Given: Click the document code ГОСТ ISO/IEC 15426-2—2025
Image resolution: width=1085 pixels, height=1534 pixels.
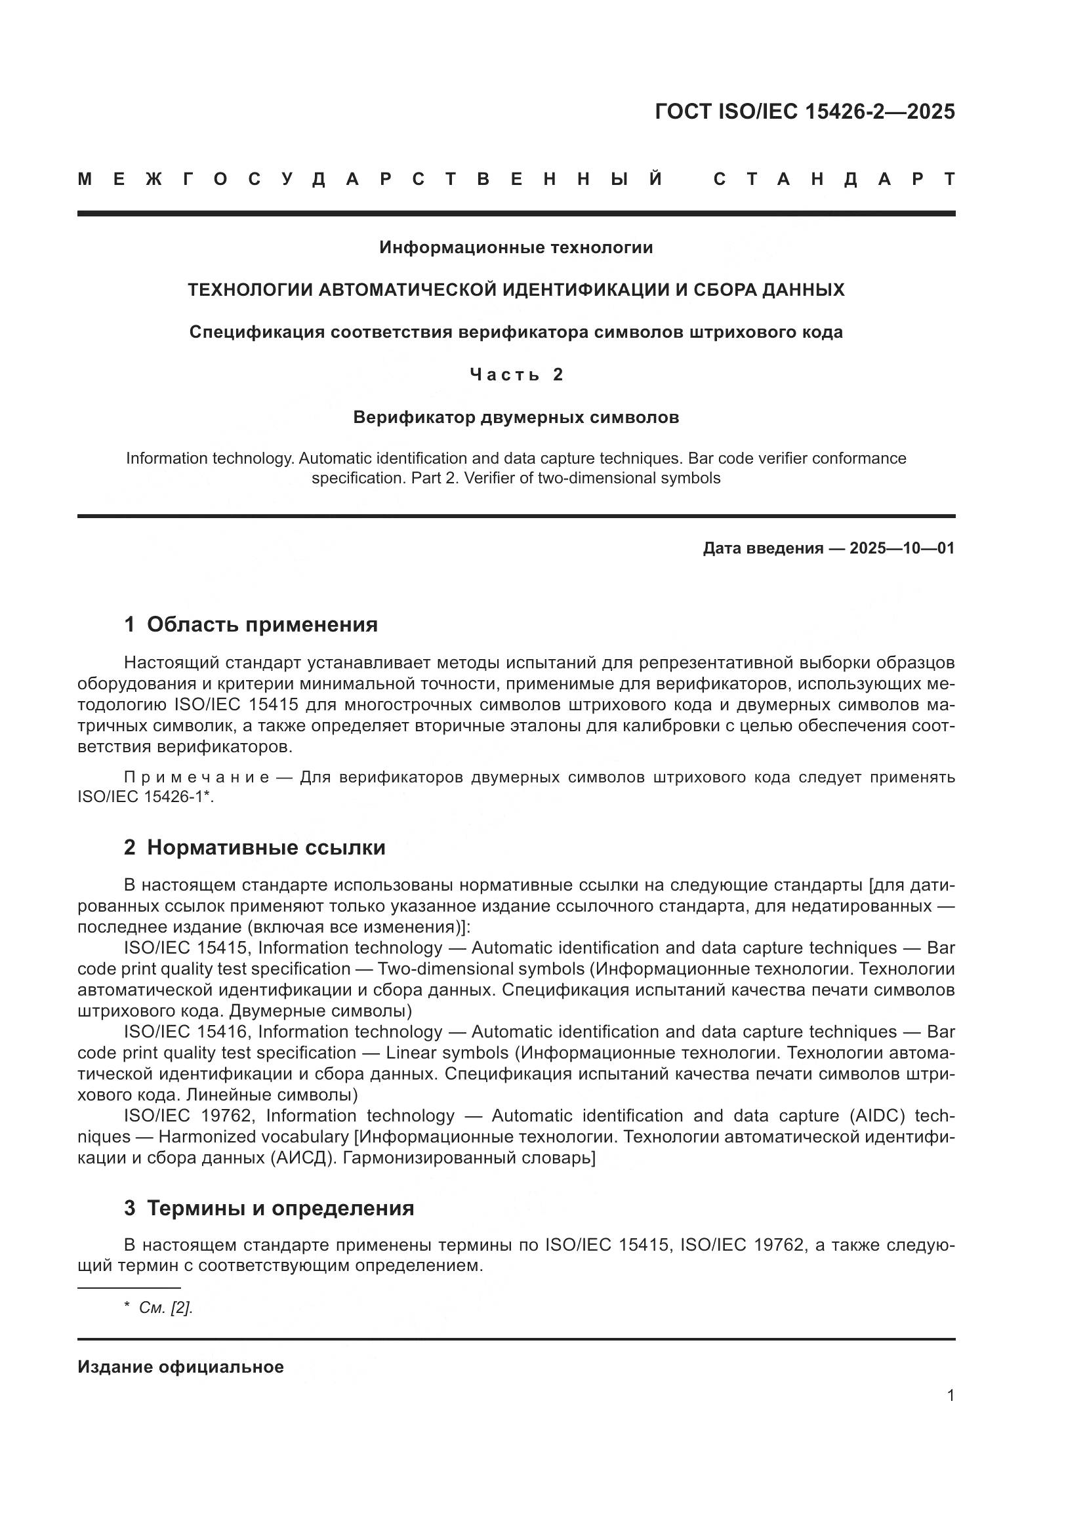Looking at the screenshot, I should point(804,111).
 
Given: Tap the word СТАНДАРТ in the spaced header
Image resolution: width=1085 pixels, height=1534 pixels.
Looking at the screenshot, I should point(834,179).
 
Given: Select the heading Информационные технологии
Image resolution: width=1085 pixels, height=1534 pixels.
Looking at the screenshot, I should point(516,248).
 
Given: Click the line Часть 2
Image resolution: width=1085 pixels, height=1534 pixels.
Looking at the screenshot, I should point(516,375).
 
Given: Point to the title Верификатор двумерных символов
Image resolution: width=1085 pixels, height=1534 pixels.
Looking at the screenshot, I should point(516,418).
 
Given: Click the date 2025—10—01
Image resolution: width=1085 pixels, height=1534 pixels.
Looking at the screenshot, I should point(902,548).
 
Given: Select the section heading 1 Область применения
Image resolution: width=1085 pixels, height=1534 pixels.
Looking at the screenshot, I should point(251,625).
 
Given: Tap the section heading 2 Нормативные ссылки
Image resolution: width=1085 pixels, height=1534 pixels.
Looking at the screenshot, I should point(254,848).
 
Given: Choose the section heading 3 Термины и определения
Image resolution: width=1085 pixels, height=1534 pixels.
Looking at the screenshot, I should point(268,1209).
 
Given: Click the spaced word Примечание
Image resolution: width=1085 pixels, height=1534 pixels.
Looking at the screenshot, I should point(196,778).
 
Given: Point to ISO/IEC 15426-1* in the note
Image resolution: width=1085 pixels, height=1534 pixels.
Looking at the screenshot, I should point(145,797).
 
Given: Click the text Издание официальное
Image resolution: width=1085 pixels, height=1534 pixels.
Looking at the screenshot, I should point(180,1367).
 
